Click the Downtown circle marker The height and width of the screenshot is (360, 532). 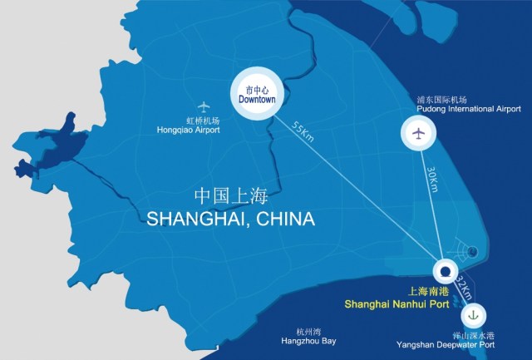(x=257, y=94)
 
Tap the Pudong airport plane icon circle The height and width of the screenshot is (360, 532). (x=418, y=133)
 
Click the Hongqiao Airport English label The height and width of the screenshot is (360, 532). (x=189, y=131)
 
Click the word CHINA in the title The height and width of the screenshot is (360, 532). (x=286, y=219)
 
